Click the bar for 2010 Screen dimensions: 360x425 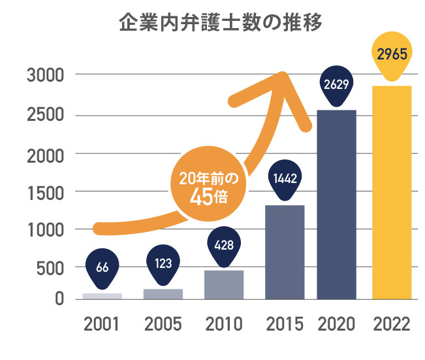224,284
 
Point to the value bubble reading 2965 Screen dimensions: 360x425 392,54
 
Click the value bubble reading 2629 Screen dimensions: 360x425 336,84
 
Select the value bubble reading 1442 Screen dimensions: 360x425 285,177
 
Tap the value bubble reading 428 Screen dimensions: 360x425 224,244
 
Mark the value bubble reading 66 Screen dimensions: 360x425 102,267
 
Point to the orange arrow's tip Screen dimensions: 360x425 283,74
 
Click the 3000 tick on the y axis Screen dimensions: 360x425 45,76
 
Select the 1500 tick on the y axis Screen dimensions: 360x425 45,191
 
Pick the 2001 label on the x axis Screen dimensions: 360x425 102,324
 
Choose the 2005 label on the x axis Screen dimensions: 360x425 163,324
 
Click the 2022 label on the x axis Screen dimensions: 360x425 391,324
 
